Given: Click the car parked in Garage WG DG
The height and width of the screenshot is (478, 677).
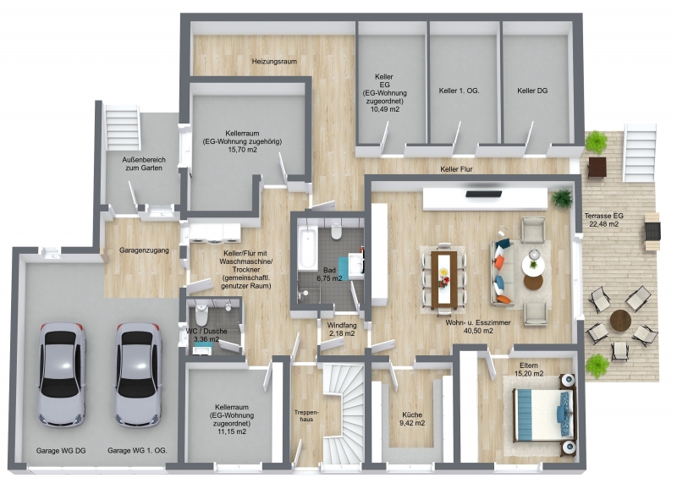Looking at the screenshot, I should click(62, 373).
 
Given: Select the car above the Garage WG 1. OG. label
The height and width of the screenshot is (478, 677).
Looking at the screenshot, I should click(138, 373).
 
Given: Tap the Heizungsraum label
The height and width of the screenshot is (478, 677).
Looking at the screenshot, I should click(273, 62).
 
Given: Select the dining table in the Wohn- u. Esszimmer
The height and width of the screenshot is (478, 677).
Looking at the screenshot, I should click(443, 278).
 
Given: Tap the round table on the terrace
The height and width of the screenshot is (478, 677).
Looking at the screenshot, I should click(621, 322).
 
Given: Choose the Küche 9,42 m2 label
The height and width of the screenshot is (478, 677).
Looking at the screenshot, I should click(412, 419).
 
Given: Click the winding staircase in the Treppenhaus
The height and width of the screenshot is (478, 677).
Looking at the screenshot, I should click(343, 415).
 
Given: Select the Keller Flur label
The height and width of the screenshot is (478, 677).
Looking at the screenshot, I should click(461, 169).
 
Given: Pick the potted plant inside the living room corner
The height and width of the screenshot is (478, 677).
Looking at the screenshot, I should click(560, 199).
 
